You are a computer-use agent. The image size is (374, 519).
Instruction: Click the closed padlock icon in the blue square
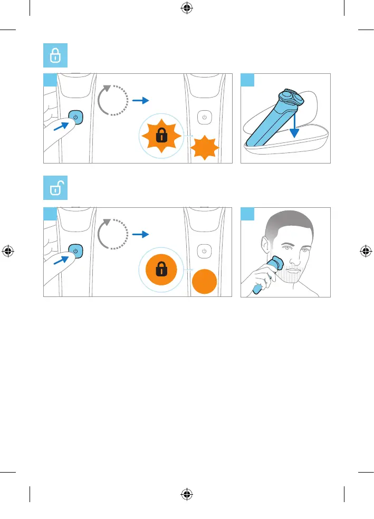point(54,55)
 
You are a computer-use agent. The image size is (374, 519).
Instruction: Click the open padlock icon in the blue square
point(54,189)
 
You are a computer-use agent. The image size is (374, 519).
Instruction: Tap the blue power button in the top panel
point(75,117)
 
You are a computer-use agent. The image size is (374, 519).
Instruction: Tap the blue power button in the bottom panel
point(75,251)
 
